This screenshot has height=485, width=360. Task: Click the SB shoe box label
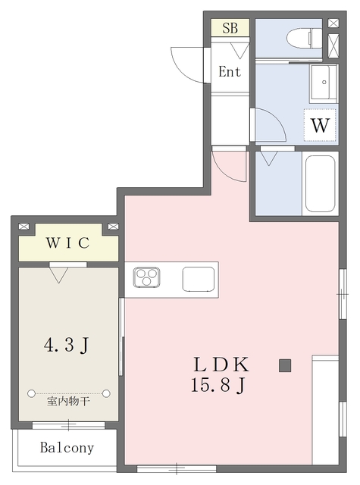[x=230, y=28]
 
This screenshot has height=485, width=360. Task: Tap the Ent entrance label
[x=230, y=72]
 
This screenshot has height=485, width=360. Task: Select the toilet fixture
[x=312, y=36]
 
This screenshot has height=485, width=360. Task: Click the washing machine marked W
[x=320, y=125]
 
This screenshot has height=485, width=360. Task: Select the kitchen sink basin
[x=199, y=279]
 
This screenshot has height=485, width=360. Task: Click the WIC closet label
[x=67, y=243]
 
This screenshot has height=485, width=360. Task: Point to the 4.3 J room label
[x=67, y=346]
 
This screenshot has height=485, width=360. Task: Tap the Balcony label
[x=67, y=448]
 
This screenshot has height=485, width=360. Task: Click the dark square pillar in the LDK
[x=284, y=366]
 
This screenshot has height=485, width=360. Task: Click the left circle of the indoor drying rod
[x=32, y=393]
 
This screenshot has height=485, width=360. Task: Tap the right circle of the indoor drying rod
[x=106, y=393]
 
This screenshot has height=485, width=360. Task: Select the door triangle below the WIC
[x=58, y=274]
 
